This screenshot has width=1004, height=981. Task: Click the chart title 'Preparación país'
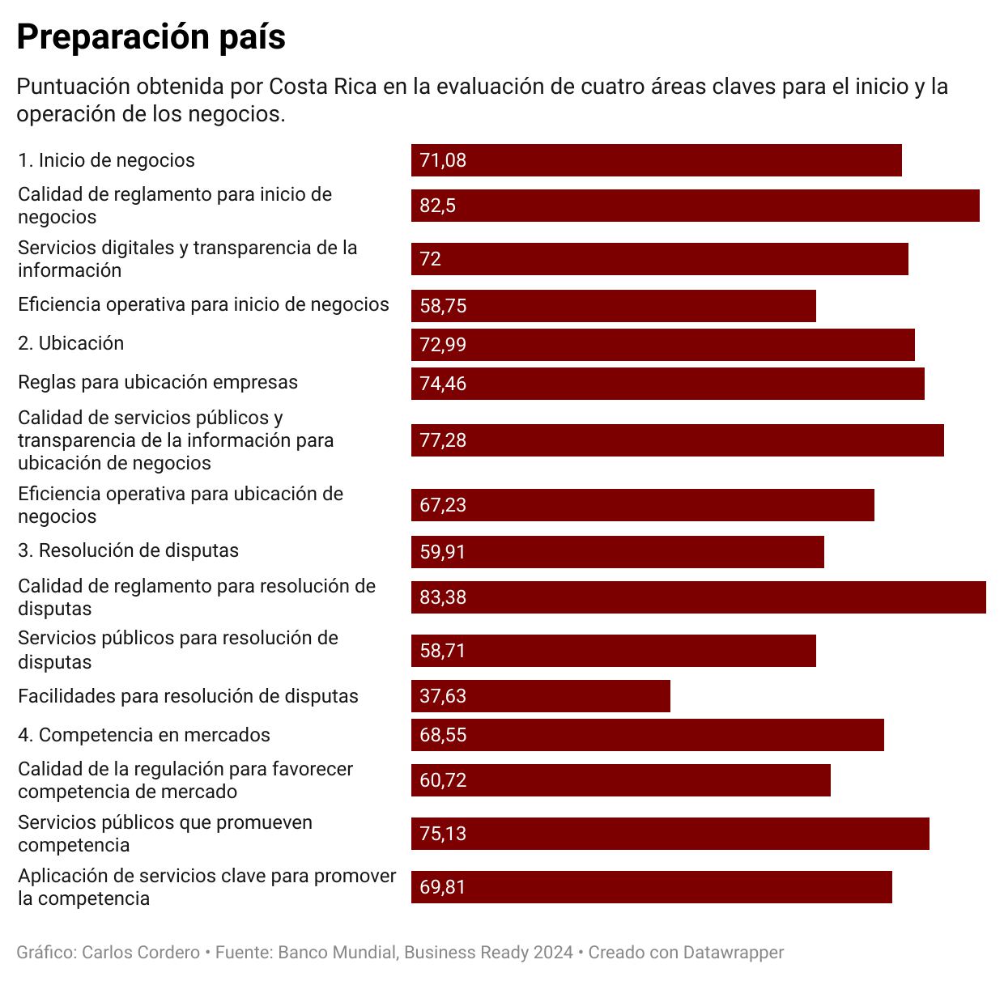click(x=151, y=37)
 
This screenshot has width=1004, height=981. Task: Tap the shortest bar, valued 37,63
click(x=540, y=696)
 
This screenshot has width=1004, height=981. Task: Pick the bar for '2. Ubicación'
click(x=662, y=345)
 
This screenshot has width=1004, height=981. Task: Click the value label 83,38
click(x=443, y=597)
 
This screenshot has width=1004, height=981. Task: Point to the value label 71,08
click(x=443, y=160)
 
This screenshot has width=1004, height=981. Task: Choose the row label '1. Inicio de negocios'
click(x=106, y=160)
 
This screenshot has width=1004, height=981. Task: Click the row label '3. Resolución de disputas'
click(x=128, y=550)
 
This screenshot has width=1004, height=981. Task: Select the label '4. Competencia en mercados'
click(x=143, y=735)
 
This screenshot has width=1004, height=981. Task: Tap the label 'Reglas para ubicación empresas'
click(x=157, y=382)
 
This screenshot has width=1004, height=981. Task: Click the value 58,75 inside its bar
click(x=443, y=306)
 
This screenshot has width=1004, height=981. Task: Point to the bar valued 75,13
click(x=670, y=834)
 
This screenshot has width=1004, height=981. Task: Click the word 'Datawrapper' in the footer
click(x=734, y=953)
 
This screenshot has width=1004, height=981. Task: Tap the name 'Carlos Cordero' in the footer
click(x=141, y=953)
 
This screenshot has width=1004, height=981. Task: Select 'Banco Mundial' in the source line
click(x=337, y=953)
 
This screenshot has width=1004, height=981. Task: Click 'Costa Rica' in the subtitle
click(x=323, y=87)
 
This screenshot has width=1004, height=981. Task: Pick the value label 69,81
click(x=443, y=887)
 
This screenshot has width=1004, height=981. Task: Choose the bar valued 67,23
click(x=642, y=505)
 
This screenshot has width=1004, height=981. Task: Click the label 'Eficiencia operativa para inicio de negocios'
click(x=203, y=304)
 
